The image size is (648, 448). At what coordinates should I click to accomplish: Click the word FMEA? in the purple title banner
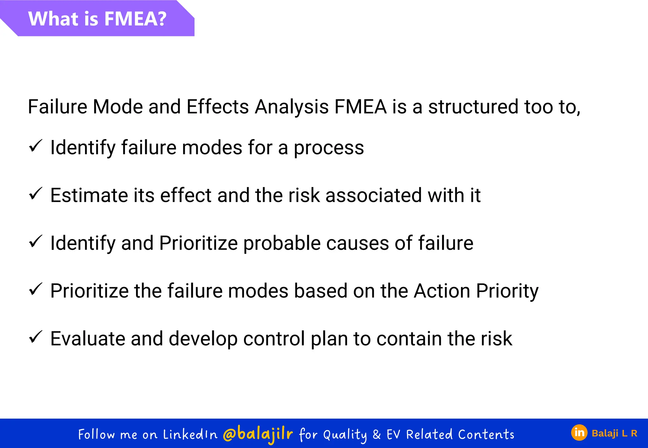click(x=135, y=19)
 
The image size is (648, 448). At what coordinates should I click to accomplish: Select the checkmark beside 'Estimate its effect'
click(x=35, y=194)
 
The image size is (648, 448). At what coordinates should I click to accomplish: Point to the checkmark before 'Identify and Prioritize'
click(x=35, y=242)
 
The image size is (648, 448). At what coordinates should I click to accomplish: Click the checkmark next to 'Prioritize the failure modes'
click(x=35, y=289)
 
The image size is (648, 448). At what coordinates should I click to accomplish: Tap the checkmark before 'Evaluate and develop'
click(x=35, y=337)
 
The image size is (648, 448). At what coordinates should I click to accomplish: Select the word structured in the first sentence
click(x=473, y=107)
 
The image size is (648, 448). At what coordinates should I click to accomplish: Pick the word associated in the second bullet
click(x=373, y=195)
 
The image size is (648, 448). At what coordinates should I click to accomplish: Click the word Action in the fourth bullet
click(x=442, y=291)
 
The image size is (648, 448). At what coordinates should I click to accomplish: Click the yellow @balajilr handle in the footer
click(x=258, y=434)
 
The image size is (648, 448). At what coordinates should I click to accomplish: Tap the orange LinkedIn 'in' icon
click(x=579, y=433)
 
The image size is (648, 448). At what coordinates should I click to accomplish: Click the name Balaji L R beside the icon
click(x=614, y=433)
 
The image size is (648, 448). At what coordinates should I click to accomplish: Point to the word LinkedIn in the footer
click(x=190, y=435)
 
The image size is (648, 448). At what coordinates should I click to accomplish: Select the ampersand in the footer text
click(x=377, y=434)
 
